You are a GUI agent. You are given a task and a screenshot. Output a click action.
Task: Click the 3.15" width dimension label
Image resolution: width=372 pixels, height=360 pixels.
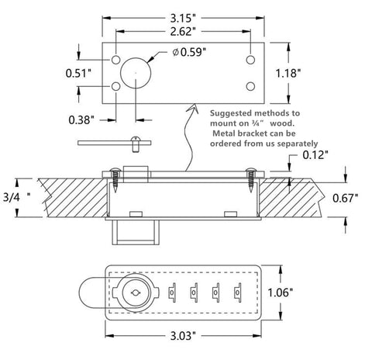coord(183,19)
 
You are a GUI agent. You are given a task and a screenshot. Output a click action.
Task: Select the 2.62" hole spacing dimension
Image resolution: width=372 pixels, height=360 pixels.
coord(183,32)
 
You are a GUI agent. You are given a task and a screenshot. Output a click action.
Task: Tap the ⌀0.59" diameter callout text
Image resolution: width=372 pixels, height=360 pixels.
coord(189,52)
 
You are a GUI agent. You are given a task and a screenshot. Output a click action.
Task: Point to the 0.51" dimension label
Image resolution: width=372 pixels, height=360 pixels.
coord(79,73)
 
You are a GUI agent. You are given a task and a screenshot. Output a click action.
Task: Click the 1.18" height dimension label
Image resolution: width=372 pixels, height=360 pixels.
coord(288,73)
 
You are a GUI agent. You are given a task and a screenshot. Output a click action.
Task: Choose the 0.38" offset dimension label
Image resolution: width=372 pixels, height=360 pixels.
coord(81,120)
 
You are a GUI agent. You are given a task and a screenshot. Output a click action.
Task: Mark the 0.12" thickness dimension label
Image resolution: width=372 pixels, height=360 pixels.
coord(315,155)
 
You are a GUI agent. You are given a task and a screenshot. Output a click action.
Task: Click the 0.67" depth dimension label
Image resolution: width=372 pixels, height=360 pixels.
coord(346,198)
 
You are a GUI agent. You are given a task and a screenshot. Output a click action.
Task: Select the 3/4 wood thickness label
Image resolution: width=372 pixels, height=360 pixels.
coord(16,197)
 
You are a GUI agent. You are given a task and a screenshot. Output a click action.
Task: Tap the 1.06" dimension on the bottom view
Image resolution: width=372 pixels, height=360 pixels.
coord(280,292)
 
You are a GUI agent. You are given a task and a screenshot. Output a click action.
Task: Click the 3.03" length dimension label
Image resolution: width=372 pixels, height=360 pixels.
coord(183,336)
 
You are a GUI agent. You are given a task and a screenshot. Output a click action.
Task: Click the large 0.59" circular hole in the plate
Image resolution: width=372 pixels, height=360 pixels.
coord(136,73)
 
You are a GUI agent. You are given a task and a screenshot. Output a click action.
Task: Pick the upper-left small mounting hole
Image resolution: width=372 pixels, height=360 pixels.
coord(115,60)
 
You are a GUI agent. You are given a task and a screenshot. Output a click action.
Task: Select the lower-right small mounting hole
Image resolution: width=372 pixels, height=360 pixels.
coord(250,86)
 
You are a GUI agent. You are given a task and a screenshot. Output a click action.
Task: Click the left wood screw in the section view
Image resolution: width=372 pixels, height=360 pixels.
coord(115,179)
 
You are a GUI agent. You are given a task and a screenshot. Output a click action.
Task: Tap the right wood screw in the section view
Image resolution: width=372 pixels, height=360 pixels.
coord(250,179)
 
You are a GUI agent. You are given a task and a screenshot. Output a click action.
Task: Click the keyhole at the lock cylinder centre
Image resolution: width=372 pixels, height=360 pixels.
coord(136,292)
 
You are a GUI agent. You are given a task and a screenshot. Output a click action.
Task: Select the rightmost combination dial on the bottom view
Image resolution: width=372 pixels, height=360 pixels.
coord(237,292)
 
